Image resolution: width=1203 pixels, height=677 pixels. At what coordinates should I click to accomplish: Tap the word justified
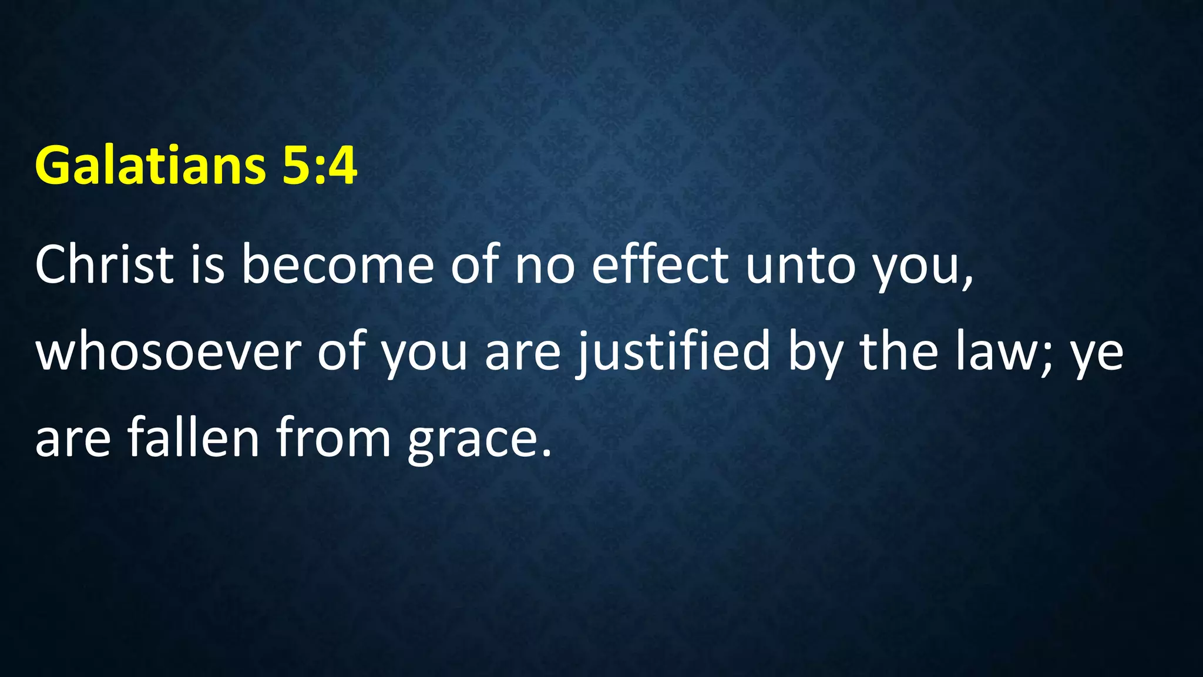click(673, 353)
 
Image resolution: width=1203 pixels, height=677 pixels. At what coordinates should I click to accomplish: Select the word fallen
click(194, 437)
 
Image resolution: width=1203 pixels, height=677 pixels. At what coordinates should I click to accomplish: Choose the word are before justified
click(522, 355)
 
